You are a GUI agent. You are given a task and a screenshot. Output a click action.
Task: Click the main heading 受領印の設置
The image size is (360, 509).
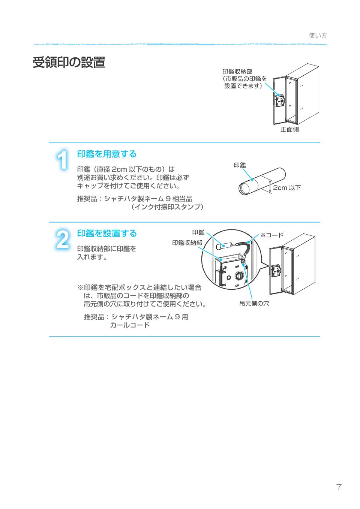(x=69, y=63)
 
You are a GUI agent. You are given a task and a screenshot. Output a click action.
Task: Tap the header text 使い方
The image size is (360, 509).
(x=318, y=36)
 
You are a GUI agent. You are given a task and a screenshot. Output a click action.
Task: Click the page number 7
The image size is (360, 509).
(x=339, y=487)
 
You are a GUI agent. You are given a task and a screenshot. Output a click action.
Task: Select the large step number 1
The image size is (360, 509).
(x=63, y=160)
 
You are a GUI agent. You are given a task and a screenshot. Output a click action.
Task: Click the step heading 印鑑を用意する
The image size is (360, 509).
(x=106, y=154)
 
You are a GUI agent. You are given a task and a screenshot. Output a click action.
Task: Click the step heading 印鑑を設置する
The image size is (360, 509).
(x=107, y=233)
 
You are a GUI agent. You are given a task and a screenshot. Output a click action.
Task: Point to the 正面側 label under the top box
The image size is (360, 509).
(x=289, y=130)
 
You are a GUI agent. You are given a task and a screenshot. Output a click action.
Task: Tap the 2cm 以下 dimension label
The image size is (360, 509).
(x=286, y=187)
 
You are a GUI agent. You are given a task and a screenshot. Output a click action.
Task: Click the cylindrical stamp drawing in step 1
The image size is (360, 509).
(x=262, y=181)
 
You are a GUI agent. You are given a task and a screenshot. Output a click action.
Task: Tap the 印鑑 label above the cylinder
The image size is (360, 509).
(x=240, y=165)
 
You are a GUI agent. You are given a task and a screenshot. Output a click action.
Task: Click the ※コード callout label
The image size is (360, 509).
(x=271, y=235)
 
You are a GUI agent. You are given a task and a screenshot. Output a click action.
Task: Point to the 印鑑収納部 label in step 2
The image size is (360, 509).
(x=187, y=243)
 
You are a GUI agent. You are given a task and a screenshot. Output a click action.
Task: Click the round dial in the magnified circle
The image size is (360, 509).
(x=238, y=276)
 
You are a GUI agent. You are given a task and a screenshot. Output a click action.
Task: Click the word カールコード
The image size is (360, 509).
(x=130, y=325)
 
